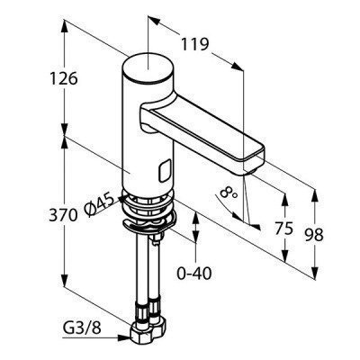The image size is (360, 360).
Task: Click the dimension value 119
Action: (x=194, y=45)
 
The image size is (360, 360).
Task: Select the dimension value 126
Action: (x=64, y=79)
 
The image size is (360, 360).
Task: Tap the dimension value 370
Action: (x=63, y=215)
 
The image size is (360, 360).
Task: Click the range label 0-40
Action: (x=194, y=273)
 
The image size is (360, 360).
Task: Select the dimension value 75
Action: (x=283, y=229)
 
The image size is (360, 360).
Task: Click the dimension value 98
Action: (x=314, y=235)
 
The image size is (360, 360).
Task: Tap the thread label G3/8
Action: (x=82, y=328)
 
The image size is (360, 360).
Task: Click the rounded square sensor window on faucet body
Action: (x=166, y=171)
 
